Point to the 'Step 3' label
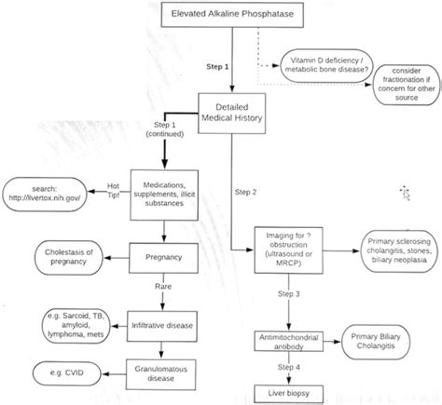(290, 293)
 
